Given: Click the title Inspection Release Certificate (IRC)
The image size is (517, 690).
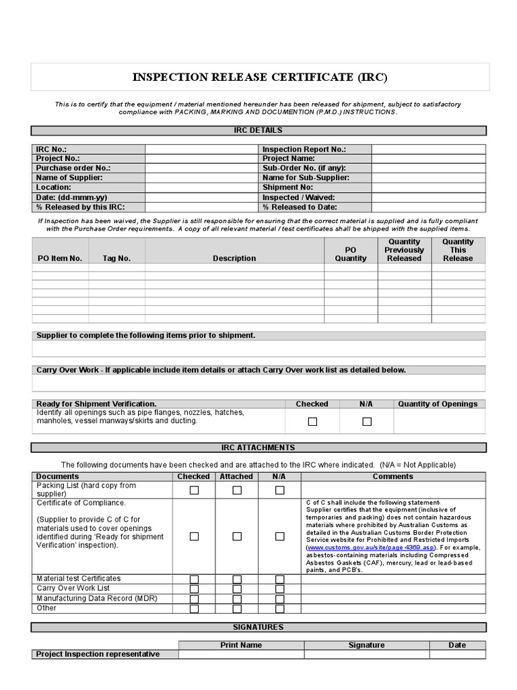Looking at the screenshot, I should point(259,77).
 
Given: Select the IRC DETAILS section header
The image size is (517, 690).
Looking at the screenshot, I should point(258,130).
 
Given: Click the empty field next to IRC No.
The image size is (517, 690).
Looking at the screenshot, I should point(201,150).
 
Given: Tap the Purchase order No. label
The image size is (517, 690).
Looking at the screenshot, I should point(73,168).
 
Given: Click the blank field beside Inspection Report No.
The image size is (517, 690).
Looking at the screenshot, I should point(428,150).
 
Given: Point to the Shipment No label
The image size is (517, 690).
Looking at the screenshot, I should point(287,187).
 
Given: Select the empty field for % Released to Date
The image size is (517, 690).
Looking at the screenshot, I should point(428,207).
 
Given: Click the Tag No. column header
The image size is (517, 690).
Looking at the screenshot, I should point(116,258).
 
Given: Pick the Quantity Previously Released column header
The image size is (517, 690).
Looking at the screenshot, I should point(404,250).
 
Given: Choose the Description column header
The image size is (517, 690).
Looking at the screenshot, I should point(234,258).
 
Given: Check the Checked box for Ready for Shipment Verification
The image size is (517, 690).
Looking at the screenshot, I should point(312,422).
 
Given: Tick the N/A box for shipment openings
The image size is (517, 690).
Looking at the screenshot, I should point(366,422).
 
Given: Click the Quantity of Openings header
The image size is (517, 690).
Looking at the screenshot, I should point(438,404).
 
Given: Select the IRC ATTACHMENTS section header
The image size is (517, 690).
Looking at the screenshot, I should point(258,447).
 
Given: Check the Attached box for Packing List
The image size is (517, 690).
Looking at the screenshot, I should point(237,491).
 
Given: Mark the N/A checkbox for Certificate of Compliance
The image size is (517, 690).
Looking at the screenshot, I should point(279,536).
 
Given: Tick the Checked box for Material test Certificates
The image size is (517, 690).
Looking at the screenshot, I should point(194,579).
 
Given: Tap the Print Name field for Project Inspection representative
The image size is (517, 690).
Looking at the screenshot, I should point(241,654).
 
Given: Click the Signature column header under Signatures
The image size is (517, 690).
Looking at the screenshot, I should point(366,645).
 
